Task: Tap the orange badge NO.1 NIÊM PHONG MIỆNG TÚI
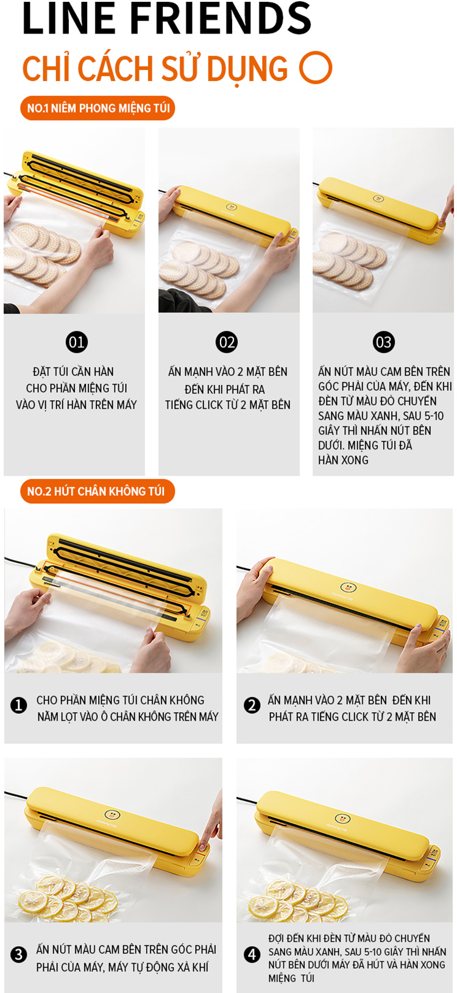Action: (x=97, y=108)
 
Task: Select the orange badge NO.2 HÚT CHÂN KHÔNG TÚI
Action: (x=97, y=491)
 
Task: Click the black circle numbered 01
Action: (x=76, y=342)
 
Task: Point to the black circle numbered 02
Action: (x=227, y=342)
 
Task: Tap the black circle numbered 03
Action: (x=383, y=342)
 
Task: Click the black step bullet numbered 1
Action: (x=19, y=705)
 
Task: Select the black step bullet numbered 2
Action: (x=252, y=705)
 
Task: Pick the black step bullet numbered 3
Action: (x=19, y=955)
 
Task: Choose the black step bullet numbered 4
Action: (x=252, y=955)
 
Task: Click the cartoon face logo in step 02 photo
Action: (x=231, y=207)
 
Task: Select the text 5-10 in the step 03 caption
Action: (x=432, y=416)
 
